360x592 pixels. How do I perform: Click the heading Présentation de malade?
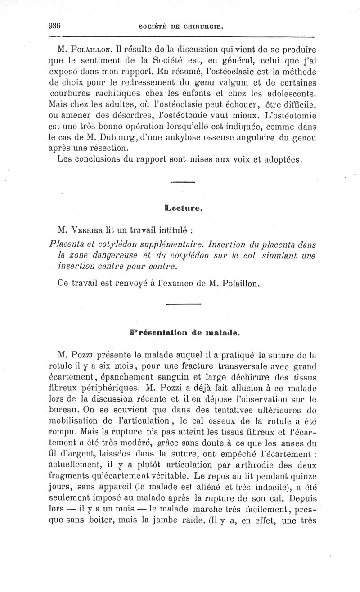click(184, 334)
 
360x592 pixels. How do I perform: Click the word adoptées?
click(285, 160)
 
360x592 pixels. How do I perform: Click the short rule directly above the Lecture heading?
click(182, 182)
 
